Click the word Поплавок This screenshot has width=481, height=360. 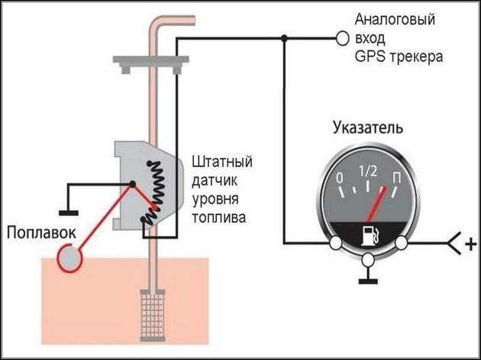pyautogui.click(x=41, y=233)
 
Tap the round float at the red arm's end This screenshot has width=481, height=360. pyautogui.click(x=70, y=259)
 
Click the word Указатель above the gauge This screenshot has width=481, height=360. pyautogui.click(x=368, y=128)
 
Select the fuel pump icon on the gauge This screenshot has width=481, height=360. pyautogui.click(x=370, y=236)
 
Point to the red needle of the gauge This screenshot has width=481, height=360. pyautogui.click(x=376, y=204)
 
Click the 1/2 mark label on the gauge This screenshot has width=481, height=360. pyautogui.click(x=368, y=171)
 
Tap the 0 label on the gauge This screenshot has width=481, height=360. pyautogui.click(x=340, y=178)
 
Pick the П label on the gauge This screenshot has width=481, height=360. pyautogui.click(x=397, y=178)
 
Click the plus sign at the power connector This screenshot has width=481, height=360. pyautogui.click(x=470, y=244)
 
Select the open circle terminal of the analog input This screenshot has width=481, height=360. pyautogui.click(x=342, y=39)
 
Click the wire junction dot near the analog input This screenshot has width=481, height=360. pyautogui.click(x=284, y=38)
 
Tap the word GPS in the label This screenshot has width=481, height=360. pyautogui.click(x=370, y=56)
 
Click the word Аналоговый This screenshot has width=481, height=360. pyautogui.click(x=395, y=20)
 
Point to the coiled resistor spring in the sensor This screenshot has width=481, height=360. pyautogui.click(x=153, y=193)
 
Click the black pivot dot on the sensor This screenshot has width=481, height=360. pyautogui.click(x=132, y=184)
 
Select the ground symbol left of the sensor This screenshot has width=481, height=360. pyautogui.click(x=69, y=213)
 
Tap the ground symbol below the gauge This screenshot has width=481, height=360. pyautogui.click(x=368, y=281)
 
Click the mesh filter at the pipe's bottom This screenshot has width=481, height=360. pyautogui.click(x=153, y=316)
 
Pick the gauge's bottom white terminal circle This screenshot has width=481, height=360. pyautogui.click(x=368, y=260)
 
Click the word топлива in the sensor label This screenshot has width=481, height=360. pyautogui.click(x=219, y=218)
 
